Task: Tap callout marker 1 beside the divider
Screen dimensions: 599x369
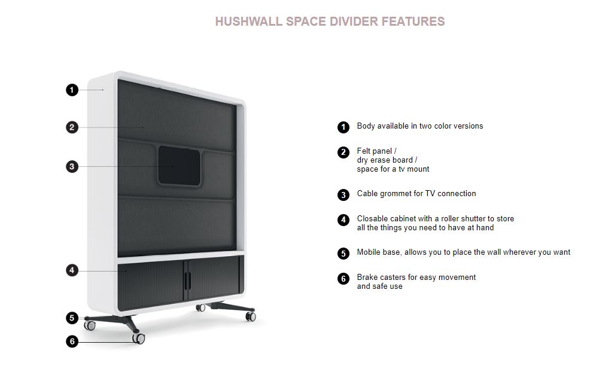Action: [72, 90]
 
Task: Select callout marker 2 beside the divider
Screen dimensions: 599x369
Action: [72, 127]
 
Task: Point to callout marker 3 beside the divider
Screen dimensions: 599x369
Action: [72, 166]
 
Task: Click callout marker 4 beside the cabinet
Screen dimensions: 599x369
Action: [72, 270]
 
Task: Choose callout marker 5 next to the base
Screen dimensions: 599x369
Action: [72, 318]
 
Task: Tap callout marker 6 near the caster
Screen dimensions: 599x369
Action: [72, 341]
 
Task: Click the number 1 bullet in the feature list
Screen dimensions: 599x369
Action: [343, 127]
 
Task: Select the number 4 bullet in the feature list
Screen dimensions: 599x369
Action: [343, 219]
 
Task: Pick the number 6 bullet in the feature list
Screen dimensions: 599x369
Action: [343, 279]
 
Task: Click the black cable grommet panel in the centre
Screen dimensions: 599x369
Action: [179, 166]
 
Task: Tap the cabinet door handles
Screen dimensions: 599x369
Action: [187, 280]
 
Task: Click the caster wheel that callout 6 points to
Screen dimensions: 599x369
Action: [139, 338]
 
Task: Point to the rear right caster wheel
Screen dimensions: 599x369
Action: [251, 316]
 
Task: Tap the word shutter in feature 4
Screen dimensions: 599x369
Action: [473, 218]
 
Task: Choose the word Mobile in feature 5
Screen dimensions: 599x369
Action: [369, 252]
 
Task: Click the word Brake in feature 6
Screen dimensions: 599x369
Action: [367, 277]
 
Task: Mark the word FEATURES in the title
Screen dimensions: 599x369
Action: [413, 22]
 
